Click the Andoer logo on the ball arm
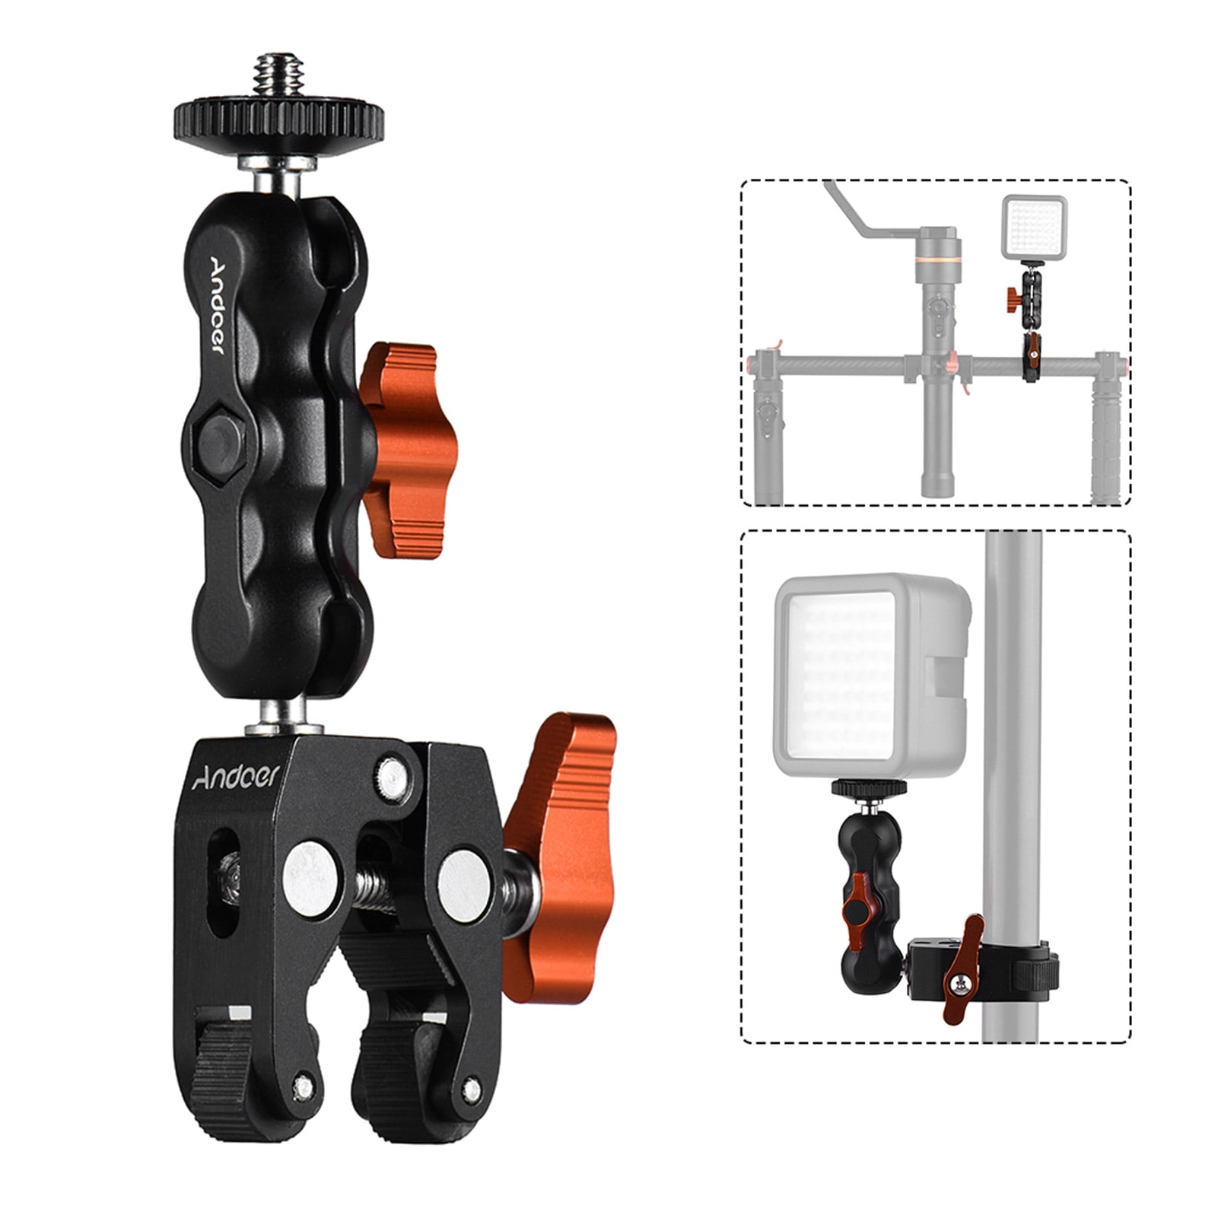[x=216, y=304]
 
